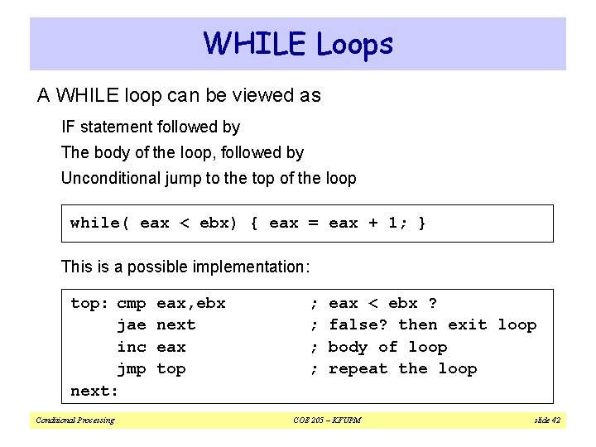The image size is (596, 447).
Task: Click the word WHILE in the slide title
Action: coord(253,43)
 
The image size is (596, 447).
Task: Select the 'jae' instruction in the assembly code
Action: coord(132,325)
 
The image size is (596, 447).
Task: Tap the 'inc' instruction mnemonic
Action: coord(132,347)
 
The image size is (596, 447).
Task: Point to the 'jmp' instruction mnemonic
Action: coord(132,368)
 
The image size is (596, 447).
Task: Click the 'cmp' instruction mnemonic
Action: coord(132,304)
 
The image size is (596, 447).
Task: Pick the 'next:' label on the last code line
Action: coord(94,391)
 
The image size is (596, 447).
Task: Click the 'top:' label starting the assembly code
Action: coord(89,304)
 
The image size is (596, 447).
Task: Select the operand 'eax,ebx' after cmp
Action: coord(190,304)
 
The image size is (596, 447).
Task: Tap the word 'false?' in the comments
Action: coord(358,325)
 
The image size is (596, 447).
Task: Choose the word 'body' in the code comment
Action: coord(348,347)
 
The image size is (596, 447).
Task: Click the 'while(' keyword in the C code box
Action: coord(99,223)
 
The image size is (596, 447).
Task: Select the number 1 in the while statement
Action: coord(393,223)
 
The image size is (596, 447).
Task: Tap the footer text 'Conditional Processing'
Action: coord(74,421)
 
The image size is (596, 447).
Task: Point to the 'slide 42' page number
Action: coord(547,421)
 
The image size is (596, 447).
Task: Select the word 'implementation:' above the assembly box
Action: coord(251,267)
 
